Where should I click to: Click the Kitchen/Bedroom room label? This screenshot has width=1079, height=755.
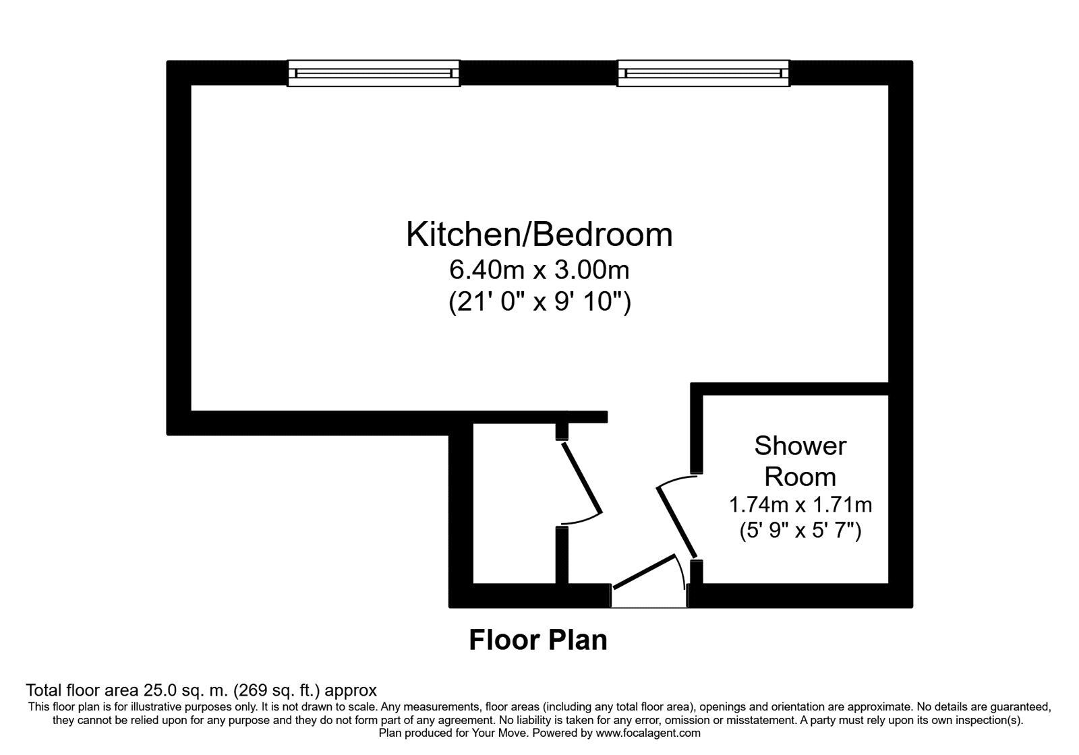[539, 235]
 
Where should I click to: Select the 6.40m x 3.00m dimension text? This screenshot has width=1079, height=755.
[539, 270]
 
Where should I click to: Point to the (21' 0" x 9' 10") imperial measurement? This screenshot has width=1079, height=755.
[539, 303]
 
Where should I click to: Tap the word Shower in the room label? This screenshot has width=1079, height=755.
[800, 446]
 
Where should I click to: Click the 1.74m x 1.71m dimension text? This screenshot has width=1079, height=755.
[800, 504]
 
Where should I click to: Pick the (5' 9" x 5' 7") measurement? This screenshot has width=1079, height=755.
[800, 531]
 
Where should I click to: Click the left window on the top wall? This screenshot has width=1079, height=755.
[374, 73]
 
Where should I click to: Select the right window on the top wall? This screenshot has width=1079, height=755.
[703, 73]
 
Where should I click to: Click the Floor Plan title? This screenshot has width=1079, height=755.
[538, 640]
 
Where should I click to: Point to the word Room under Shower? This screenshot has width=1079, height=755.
[800, 477]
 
